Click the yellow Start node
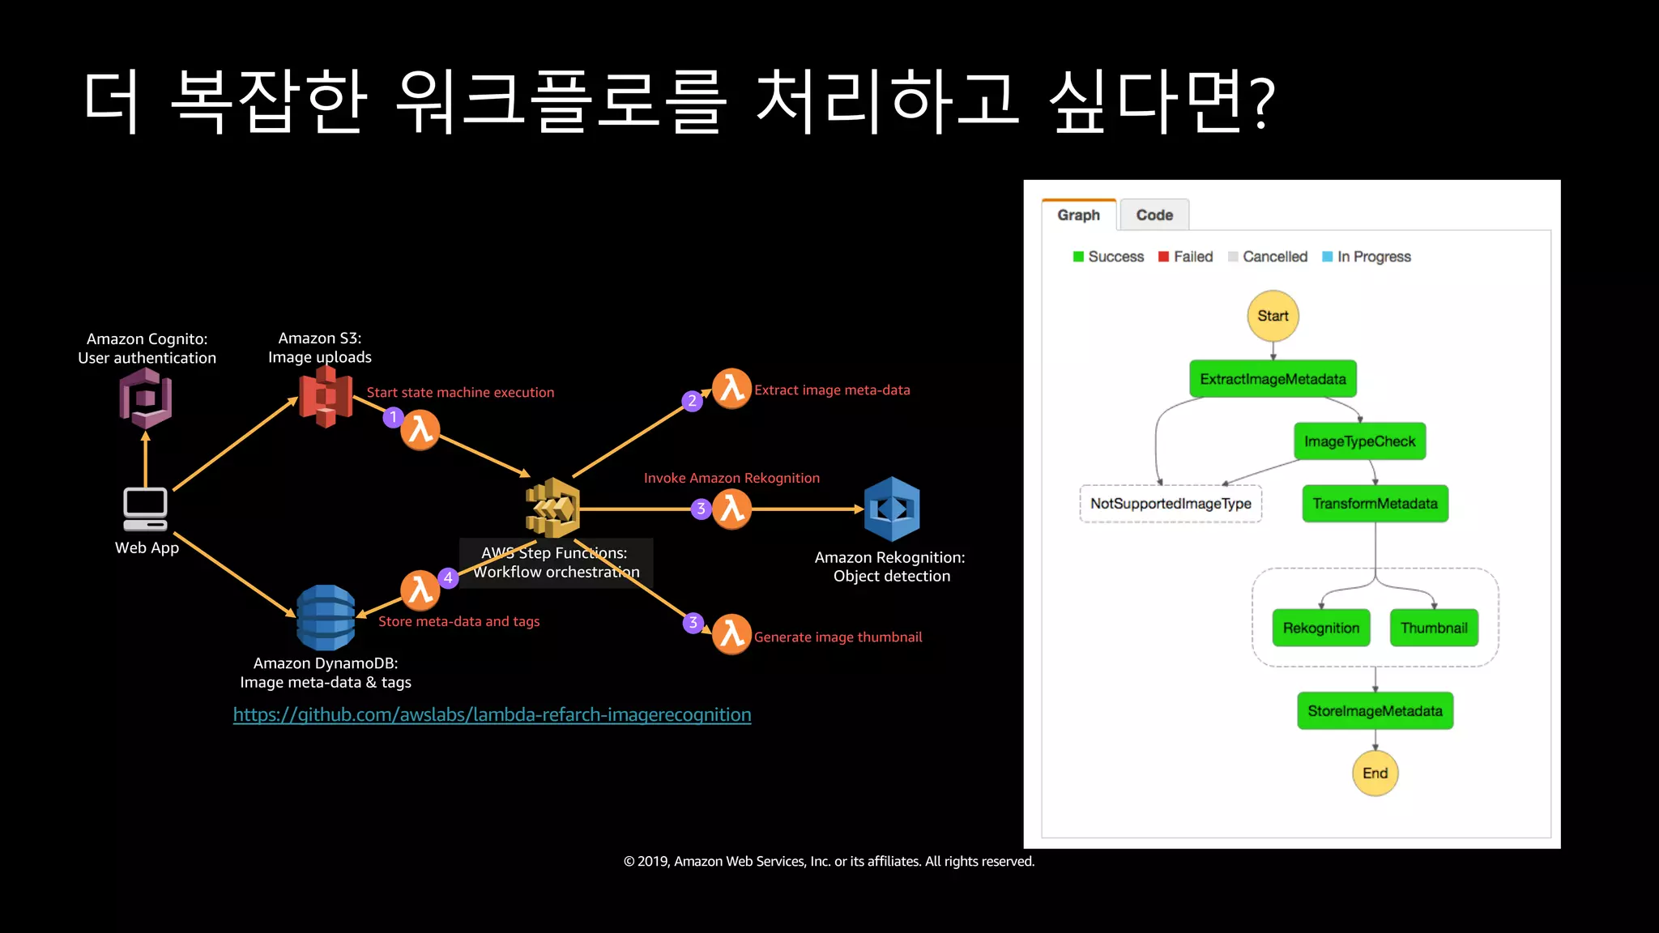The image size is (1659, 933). pos(1273,316)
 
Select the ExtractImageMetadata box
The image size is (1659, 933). pos(1273,379)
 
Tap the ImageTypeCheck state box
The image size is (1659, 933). pos(1359,441)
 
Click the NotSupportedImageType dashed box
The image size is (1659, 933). pos(1171,504)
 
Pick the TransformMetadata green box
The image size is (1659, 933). pos(1375,504)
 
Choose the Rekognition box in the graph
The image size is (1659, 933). pos(1320,628)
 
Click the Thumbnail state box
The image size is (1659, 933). pos(1434,628)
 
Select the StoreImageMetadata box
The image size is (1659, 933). pos(1375,711)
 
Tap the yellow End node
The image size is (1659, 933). pos(1375,773)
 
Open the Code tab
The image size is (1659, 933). pos(1154,215)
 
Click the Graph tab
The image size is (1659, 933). pos(1078,215)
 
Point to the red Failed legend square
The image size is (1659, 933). pos(1163,257)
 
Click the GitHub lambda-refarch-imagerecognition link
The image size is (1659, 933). pos(492,715)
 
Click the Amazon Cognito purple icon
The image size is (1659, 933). pos(146,398)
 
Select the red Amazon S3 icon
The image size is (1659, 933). pos(326,396)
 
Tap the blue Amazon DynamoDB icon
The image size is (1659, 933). pos(326,618)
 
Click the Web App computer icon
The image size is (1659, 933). pos(146,509)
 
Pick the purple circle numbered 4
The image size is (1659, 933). pos(448,577)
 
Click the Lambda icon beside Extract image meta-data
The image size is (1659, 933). pos(731,389)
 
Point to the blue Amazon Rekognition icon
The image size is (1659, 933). pos(892,509)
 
